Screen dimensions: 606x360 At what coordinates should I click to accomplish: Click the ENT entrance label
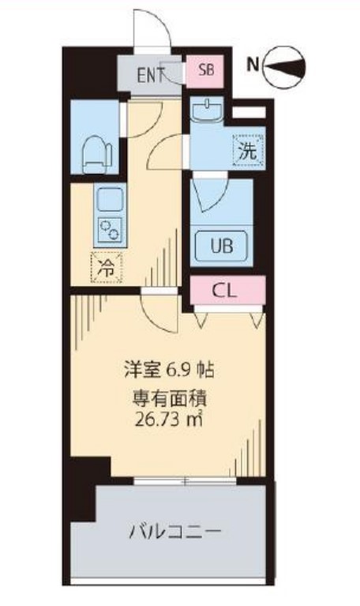pyautogui.click(x=150, y=76)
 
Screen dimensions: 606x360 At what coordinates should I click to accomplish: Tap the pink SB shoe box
pyautogui.click(x=205, y=70)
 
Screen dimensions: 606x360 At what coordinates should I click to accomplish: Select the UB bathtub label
pyautogui.click(x=220, y=246)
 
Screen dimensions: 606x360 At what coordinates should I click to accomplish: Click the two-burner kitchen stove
pyautogui.click(x=109, y=229)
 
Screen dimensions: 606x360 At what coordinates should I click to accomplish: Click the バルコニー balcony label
pyautogui.click(x=174, y=532)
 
